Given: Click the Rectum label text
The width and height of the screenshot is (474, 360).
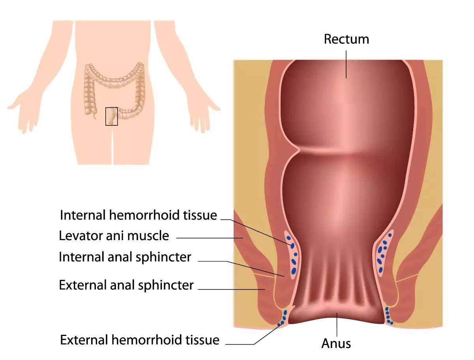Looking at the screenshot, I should [346, 39].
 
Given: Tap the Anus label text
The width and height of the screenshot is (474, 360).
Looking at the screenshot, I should [336, 343].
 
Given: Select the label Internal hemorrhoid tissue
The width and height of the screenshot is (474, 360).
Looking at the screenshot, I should [138, 215].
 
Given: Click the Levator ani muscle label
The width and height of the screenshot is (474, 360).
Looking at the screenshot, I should [114, 236].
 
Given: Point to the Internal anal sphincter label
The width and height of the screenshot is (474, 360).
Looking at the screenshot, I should [125, 257].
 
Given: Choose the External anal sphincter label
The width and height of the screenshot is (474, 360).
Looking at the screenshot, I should [126, 285].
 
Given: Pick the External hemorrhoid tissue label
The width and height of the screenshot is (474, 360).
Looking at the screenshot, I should [139, 339].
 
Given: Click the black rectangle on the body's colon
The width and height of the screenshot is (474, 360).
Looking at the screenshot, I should [111, 116].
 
